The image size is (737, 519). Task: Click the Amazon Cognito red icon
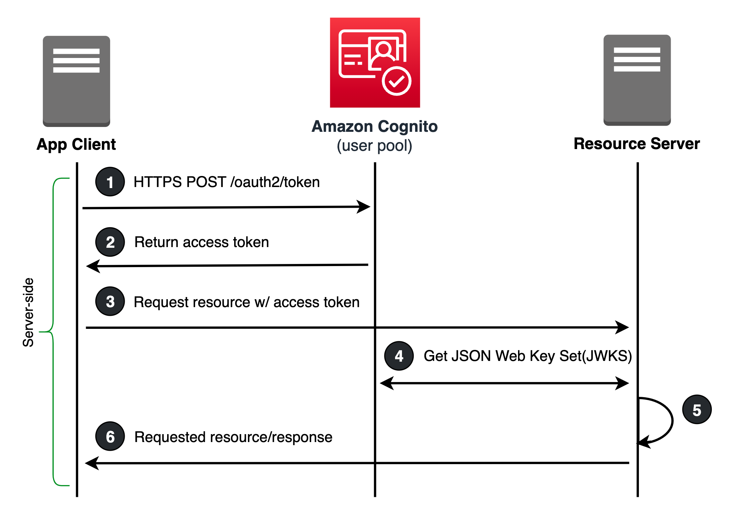click(375, 62)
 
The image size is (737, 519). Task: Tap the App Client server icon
click(76, 81)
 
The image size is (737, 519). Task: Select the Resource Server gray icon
click(637, 80)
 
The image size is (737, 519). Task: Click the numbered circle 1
click(110, 182)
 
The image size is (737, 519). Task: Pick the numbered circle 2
click(110, 242)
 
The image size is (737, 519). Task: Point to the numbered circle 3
click(110, 301)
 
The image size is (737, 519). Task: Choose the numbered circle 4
click(399, 356)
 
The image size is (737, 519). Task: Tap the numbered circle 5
click(697, 410)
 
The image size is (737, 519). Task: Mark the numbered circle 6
click(110, 437)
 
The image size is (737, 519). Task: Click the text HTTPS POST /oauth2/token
click(227, 182)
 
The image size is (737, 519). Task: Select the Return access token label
click(202, 242)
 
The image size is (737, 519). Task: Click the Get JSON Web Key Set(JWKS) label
click(527, 356)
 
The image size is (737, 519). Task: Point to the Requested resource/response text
click(233, 437)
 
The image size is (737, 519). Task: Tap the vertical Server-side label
click(28, 312)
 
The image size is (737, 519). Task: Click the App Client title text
click(76, 144)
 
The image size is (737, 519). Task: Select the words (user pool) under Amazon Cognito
click(374, 146)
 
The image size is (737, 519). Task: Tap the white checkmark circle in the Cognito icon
click(396, 81)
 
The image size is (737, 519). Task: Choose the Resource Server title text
click(636, 144)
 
